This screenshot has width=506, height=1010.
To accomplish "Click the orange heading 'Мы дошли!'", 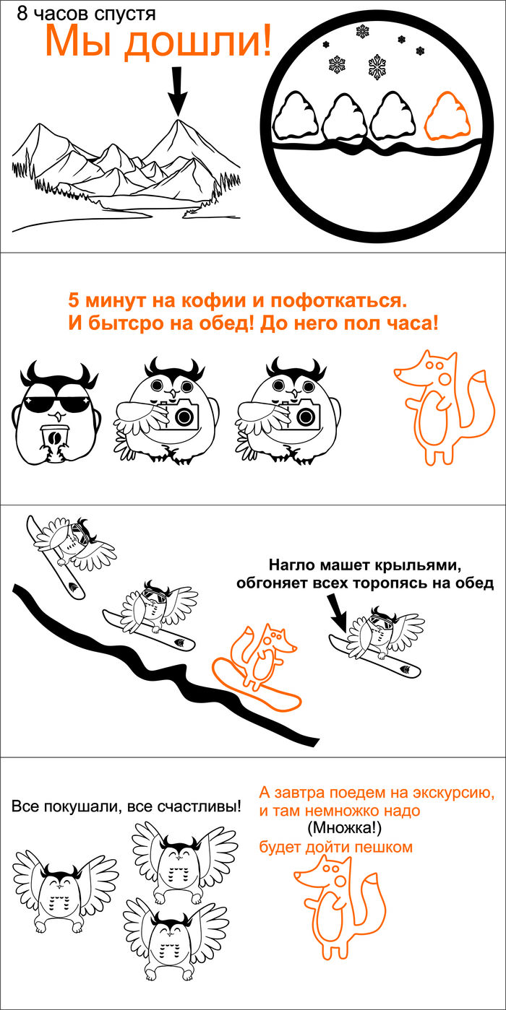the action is coord(158,41).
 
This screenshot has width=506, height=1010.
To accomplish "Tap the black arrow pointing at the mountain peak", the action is coord(177,92).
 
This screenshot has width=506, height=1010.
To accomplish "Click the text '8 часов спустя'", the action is coord(86,14).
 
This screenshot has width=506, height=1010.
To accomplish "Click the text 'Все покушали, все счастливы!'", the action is coord(126,806).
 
